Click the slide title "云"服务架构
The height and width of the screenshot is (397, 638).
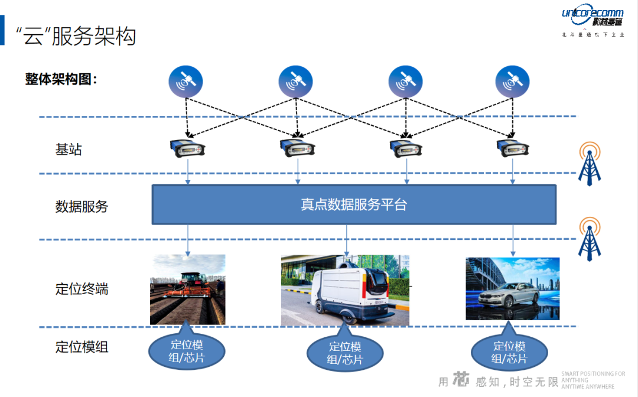(77, 36)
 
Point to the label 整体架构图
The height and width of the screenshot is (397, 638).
(61, 79)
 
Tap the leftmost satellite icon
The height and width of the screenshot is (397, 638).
(185, 82)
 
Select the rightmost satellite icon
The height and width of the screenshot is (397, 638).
(512, 82)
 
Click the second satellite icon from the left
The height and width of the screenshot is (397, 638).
(295, 82)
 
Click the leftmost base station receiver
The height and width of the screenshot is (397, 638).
(187, 149)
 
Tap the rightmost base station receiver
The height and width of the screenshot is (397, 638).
(512, 149)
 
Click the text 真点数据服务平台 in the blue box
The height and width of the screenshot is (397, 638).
(354, 205)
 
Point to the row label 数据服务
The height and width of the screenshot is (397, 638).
(82, 207)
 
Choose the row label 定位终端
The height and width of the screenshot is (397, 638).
(82, 289)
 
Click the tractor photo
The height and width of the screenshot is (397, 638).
(187, 289)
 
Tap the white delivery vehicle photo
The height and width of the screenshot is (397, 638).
(345, 290)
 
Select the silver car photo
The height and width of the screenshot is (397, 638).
(512, 289)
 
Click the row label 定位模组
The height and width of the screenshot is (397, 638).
(82, 347)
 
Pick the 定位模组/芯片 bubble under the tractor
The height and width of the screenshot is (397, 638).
(187, 351)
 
